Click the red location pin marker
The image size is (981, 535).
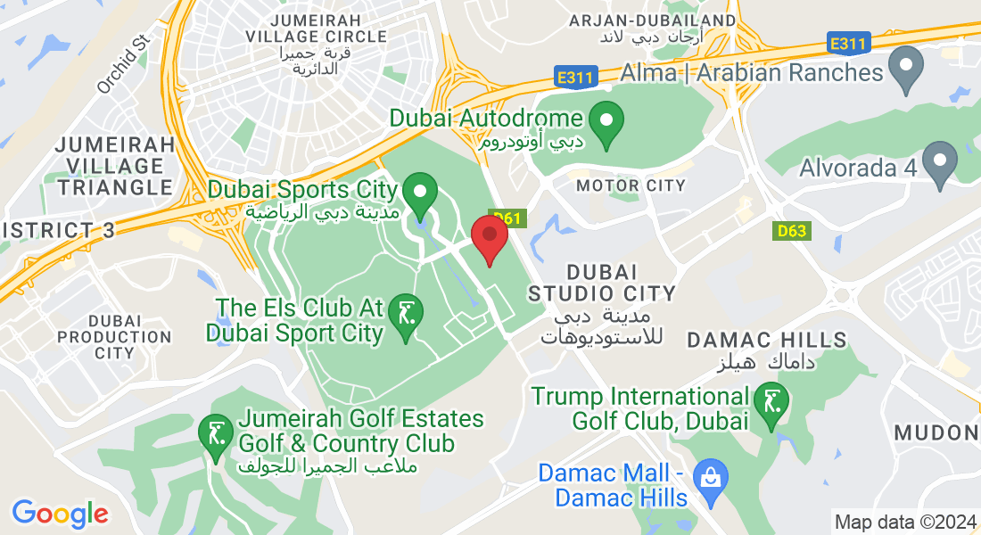coord(489,236)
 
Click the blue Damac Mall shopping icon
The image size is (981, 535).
coord(712,477)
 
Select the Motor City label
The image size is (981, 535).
coord(631,185)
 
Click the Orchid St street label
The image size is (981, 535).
coord(123,65)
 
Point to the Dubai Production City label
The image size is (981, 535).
coord(115,337)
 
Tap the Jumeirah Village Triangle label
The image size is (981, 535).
coord(115,166)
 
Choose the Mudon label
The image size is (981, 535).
coord(936,433)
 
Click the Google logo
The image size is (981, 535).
coord(60,514)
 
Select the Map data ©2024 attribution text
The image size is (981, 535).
coord(904,522)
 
